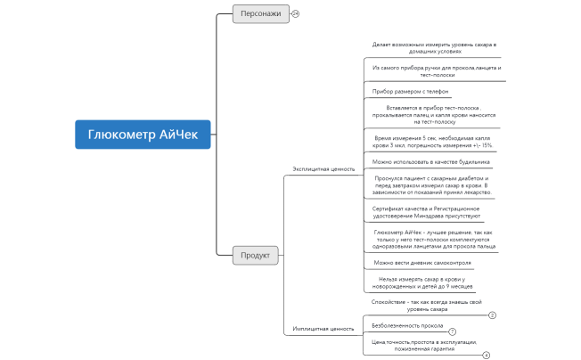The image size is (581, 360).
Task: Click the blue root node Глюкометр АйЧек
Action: click(x=143, y=135)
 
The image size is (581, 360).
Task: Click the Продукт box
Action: click(x=257, y=255)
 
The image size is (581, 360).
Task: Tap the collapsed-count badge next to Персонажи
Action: click(x=296, y=13)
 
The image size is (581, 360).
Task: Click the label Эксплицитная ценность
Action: click(x=323, y=168)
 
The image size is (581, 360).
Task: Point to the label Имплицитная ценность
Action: click(x=323, y=329)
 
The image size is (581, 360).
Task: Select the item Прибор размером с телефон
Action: click(x=409, y=91)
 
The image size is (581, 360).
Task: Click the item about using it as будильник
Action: click(x=430, y=161)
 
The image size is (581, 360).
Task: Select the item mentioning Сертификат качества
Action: click(x=426, y=212)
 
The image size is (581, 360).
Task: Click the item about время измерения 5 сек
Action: click(x=432, y=141)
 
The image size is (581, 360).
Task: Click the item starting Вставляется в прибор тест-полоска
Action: click(x=433, y=114)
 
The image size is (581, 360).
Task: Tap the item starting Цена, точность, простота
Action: click(x=423, y=346)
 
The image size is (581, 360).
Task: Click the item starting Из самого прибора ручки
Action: click(x=437, y=71)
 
